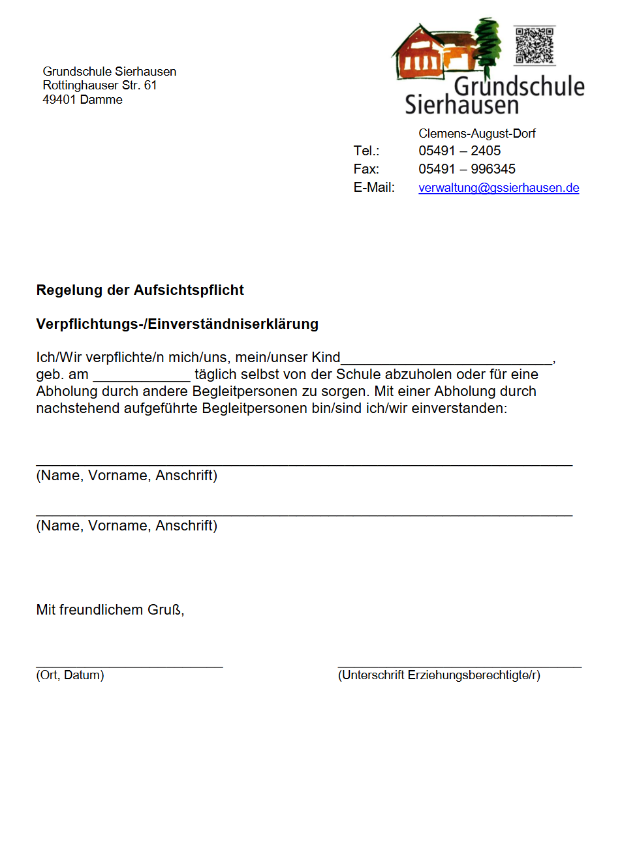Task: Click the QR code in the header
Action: pyautogui.click(x=535, y=46)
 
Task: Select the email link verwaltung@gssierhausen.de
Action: pyautogui.click(x=499, y=188)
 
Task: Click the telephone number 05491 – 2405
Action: pyautogui.click(x=459, y=151)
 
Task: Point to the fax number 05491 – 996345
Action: pyautogui.click(x=467, y=169)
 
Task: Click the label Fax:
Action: pyautogui.click(x=366, y=169)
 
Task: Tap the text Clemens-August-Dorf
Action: pyautogui.click(x=476, y=133)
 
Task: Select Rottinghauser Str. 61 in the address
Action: pyautogui.click(x=99, y=85)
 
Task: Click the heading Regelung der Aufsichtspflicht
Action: pyautogui.click(x=140, y=290)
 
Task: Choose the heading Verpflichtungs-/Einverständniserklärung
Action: pyautogui.click(x=177, y=324)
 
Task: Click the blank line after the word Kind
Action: pyautogui.click(x=447, y=359)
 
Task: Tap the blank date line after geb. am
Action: pyautogui.click(x=142, y=376)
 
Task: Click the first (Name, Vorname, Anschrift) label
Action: pyautogui.click(x=127, y=476)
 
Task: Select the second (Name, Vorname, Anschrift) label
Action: pyautogui.click(x=127, y=526)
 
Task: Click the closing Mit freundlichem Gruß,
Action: pyautogui.click(x=110, y=610)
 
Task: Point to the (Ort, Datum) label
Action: pyautogui.click(x=70, y=675)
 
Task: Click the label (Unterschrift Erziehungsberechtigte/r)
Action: pyautogui.click(x=439, y=675)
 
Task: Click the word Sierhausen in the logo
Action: pyautogui.click(x=461, y=105)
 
